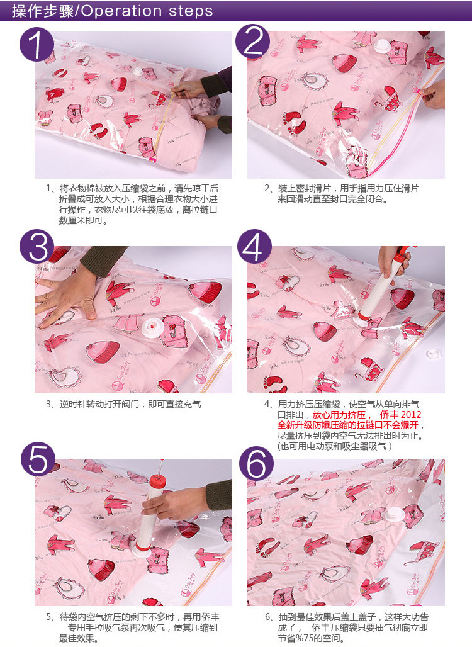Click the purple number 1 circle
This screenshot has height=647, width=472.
(x=37, y=44)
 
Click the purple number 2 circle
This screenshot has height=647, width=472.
(x=252, y=40)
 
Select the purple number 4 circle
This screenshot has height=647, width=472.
(x=254, y=246)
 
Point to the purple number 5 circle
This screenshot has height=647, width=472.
(x=38, y=459)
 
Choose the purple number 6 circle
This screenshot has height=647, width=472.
(x=256, y=463)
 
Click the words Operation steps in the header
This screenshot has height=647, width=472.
(x=147, y=11)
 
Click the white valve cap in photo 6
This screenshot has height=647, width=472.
(x=395, y=516)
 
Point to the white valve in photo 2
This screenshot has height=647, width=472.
(x=382, y=46)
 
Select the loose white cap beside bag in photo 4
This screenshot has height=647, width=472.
(x=433, y=354)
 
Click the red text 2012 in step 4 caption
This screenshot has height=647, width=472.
(x=411, y=414)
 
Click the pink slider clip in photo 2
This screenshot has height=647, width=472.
(x=419, y=90)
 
